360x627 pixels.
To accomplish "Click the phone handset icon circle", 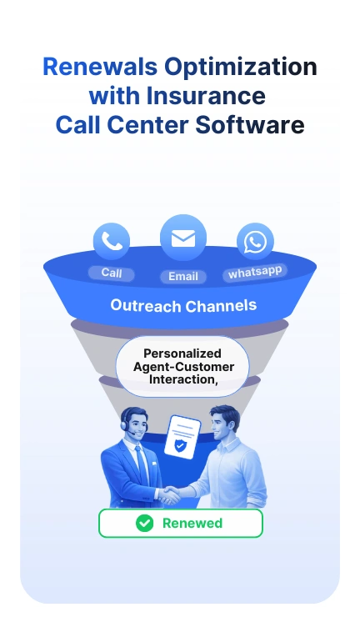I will click(x=112, y=242).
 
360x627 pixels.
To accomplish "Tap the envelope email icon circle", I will click(x=182, y=238).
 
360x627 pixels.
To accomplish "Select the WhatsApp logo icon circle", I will click(x=255, y=243).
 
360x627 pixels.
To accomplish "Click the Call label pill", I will click(x=112, y=273).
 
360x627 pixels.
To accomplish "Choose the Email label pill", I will click(x=182, y=276).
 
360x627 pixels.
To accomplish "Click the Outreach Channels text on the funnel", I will click(x=183, y=305).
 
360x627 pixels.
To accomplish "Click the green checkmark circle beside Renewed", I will click(x=145, y=523).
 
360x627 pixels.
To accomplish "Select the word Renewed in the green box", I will click(x=192, y=523).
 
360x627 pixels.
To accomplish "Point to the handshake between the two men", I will click(x=172, y=494).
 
